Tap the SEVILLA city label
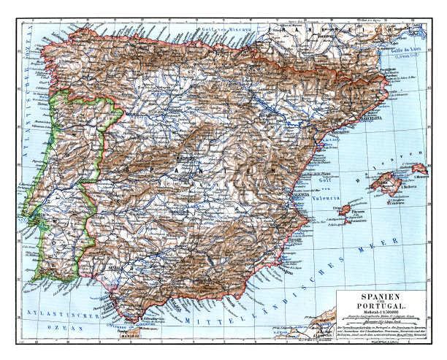[115, 267]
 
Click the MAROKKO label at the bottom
[129, 337]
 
